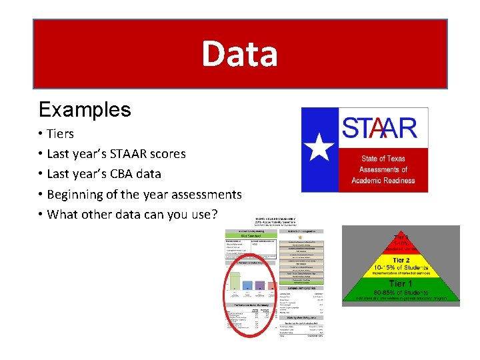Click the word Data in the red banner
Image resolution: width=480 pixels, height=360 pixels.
click(239, 54)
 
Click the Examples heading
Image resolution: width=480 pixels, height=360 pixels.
click(85, 109)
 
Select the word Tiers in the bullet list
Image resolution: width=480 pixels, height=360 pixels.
click(61, 133)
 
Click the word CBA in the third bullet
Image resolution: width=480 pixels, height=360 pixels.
click(115, 173)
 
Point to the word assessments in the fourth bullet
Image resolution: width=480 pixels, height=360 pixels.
click(201, 194)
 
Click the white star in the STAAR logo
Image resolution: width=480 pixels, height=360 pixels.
click(322, 147)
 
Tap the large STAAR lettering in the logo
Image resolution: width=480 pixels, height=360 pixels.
click(379, 128)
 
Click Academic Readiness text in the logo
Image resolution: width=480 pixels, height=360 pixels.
click(383, 180)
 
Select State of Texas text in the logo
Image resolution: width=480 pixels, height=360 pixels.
click(383, 159)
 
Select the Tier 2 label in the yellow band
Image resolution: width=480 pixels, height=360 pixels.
click(400, 261)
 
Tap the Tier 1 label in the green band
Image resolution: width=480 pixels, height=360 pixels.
click(400, 283)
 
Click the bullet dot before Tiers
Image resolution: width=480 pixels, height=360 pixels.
click(41, 133)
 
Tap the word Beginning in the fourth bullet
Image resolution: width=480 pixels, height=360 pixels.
click(73, 194)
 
